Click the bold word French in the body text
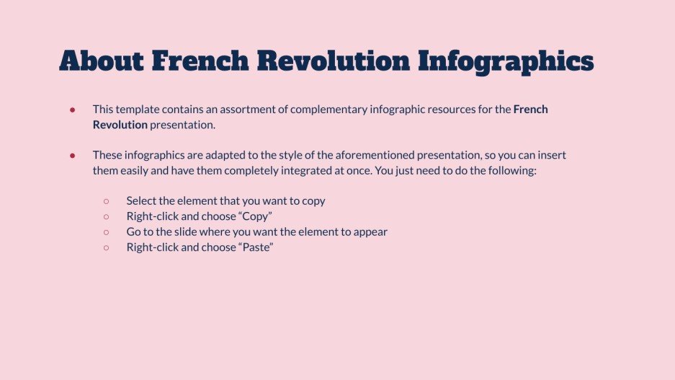[x=531, y=110]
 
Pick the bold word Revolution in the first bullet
[x=120, y=125]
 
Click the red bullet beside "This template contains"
[x=73, y=110]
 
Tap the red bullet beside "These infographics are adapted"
[x=73, y=156]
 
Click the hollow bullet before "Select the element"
[x=106, y=201]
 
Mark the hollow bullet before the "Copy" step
[x=106, y=216]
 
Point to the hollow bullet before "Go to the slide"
[x=106, y=232]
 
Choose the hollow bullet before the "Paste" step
[x=106, y=247]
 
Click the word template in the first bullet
[x=136, y=110]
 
